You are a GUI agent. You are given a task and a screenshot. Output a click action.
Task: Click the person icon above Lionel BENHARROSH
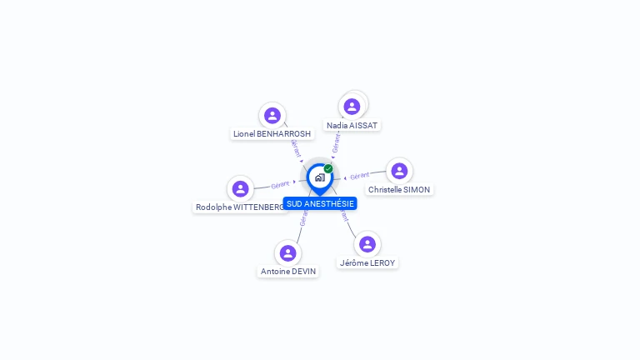pyautogui.click(x=272, y=115)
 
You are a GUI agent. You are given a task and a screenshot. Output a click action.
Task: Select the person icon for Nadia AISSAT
pyautogui.click(x=352, y=107)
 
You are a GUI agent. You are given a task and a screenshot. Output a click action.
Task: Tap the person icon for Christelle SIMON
pyautogui.click(x=399, y=171)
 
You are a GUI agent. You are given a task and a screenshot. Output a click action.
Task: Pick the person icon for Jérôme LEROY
pyautogui.click(x=367, y=244)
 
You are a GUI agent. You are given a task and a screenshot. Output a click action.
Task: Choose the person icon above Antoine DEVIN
pyautogui.click(x=287, y=252)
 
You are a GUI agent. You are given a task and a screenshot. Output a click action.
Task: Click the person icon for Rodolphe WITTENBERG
pyautogui.click(x=240, y=188)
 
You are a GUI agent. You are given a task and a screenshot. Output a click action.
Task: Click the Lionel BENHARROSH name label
pyautogui.click(x=272, y=133)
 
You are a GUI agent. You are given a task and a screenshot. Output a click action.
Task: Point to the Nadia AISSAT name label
pyautogui.click(x=352, y=125)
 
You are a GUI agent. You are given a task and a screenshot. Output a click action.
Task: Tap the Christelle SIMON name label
pyautogui.click(x=399, y=189)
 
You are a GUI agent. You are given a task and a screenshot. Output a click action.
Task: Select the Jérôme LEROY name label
pyautogui.click(x=367, y=262)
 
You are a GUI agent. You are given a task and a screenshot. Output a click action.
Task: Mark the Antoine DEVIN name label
pyautogui.click(x=287, y=271)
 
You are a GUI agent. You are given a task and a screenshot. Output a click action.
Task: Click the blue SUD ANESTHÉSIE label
pyautogui.click(x=320, y=203)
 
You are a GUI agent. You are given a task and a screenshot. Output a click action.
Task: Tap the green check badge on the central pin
pyautogui.click(x=328, y=168)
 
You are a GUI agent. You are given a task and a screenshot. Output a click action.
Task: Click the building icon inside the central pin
pyautogui.click(x=319, y=177)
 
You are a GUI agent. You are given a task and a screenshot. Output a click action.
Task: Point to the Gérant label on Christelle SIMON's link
pyautogui.click(x=360, y=176)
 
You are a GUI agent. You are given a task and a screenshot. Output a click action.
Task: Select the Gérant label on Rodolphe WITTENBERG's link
pyautogui.click(x=280, y=184)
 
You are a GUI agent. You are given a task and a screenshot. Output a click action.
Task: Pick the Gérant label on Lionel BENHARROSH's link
pyautogui.click(x=295, y=147)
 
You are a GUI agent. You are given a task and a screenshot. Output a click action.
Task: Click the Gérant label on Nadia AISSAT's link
pyautogui.click(x=336, y=143)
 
